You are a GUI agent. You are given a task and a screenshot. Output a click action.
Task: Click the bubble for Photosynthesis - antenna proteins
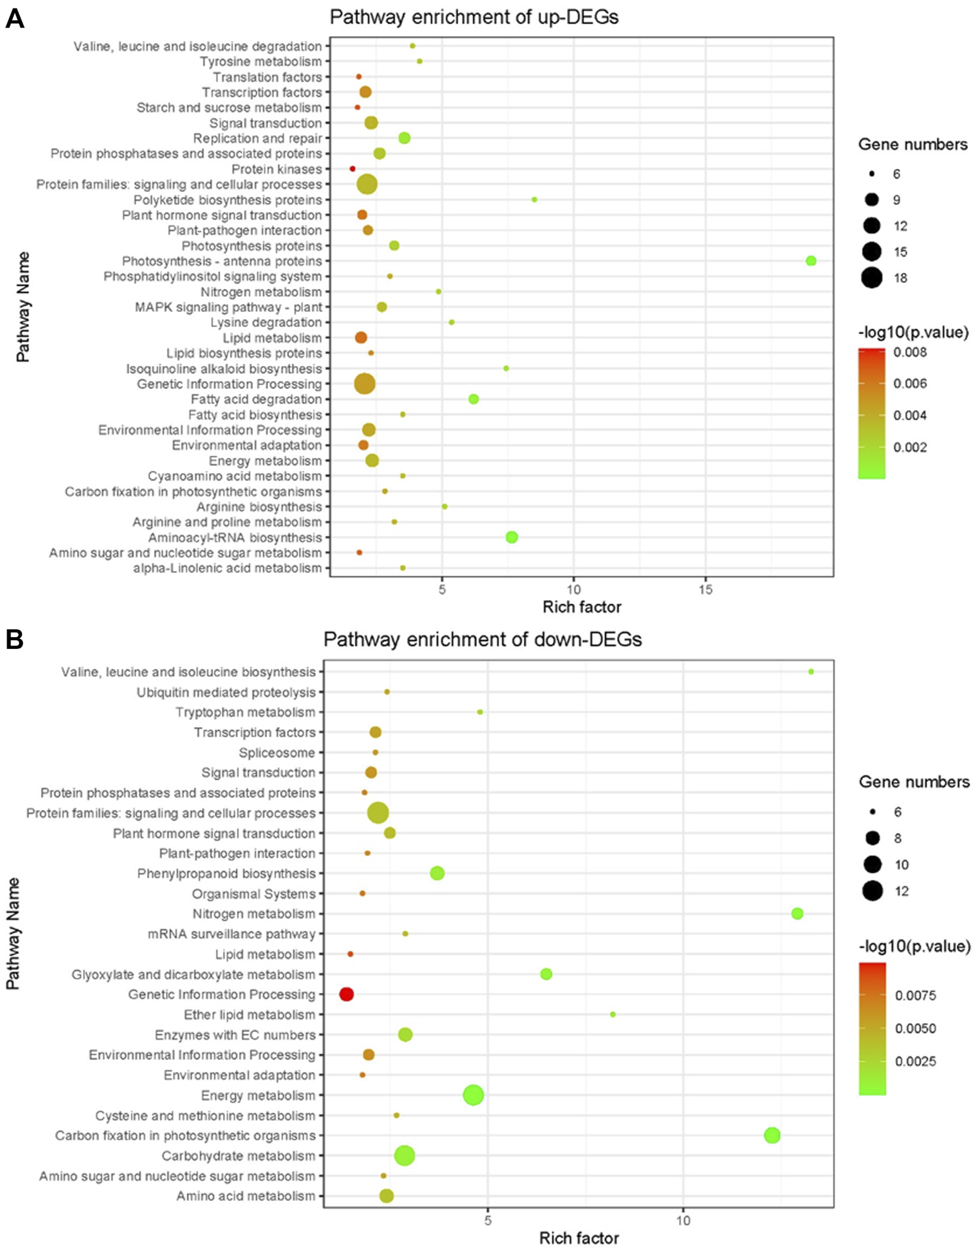(810, 261)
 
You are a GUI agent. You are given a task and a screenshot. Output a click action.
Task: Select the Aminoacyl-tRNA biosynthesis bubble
(511, 537)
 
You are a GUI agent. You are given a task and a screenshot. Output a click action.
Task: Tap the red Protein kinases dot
(353, 169)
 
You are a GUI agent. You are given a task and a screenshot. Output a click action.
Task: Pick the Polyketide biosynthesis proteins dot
(534, 200)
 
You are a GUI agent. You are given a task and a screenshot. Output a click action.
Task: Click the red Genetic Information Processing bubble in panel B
(347, 994)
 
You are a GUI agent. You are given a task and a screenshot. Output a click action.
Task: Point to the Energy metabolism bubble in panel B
(473, 1095)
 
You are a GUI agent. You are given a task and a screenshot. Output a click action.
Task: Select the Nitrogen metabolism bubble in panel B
(797, 914)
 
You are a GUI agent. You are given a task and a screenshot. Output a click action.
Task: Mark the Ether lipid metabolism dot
(613, 1014)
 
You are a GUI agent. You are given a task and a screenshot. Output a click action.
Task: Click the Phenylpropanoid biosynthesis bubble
(438, 873)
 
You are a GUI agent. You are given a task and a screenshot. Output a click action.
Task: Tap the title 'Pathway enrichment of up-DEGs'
(474, 17)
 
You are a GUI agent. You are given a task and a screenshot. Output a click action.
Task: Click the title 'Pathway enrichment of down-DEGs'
(482, 639)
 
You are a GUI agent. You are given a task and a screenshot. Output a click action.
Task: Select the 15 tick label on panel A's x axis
(705, 590)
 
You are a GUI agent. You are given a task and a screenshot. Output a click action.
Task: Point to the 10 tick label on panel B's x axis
(682, 1221)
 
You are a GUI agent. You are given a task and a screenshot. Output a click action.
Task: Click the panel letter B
(14, 640)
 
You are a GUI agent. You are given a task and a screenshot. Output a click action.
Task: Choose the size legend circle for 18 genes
(872, 278)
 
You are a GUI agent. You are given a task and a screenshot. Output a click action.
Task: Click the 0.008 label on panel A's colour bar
(910, 352)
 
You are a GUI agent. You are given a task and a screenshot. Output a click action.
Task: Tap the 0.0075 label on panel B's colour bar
(915, 996)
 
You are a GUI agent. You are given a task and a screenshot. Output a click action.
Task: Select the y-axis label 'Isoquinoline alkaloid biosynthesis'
(224, 369)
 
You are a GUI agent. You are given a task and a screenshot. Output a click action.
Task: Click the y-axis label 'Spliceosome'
(277, 753)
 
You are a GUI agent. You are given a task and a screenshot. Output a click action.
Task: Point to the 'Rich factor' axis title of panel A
(581, 607)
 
